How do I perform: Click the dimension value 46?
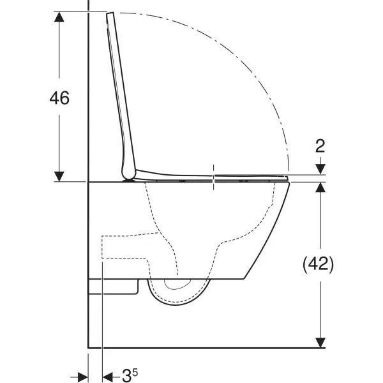[x=59, y=98]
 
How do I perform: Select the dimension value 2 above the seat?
[x=320, y=146]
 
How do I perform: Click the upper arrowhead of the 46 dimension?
[x=59, y=17]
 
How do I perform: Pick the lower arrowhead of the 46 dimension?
[x=59, y=176]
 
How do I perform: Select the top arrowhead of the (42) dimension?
[x=320, y=189]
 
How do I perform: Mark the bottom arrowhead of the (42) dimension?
[x=320, y=343]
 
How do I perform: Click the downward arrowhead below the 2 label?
[x=320, y=169]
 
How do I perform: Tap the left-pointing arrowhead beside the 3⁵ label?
[x=107, y=375]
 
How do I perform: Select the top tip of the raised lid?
[x=112, y=13]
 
